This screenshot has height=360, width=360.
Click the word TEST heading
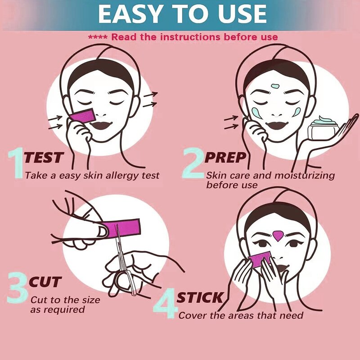43,158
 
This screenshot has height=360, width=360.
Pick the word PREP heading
225,158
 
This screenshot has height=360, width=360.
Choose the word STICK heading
199,297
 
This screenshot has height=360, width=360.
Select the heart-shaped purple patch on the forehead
278,235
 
